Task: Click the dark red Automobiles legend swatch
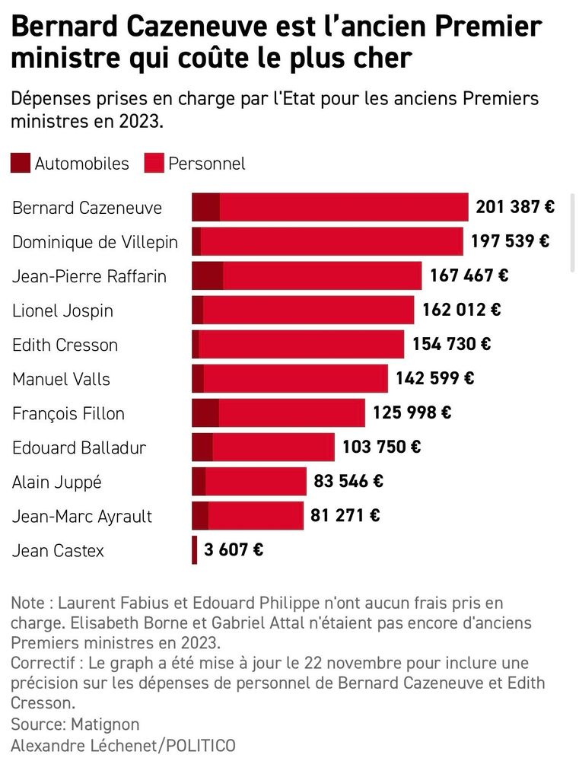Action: (21, 163)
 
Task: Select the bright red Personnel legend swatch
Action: (154, 163)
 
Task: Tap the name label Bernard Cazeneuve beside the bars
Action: (87, 208)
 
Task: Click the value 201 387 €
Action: (515, 207)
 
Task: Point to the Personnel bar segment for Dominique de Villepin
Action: (332, 241)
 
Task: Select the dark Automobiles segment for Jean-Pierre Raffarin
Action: (208, 275)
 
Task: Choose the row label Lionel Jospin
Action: (62, 310)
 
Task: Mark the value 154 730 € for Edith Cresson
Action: (451, 344)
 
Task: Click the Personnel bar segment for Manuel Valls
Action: (296, 378)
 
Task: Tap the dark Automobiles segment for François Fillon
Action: (205, 412)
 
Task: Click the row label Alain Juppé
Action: (57, 482)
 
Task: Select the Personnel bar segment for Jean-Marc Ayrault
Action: (256, 515)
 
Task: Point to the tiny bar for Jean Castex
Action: (194, 549)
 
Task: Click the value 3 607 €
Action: (234, 549)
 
